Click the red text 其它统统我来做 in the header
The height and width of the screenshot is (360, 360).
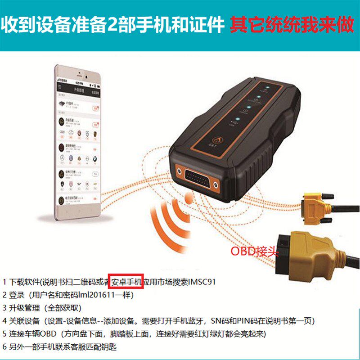pos(292,24)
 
